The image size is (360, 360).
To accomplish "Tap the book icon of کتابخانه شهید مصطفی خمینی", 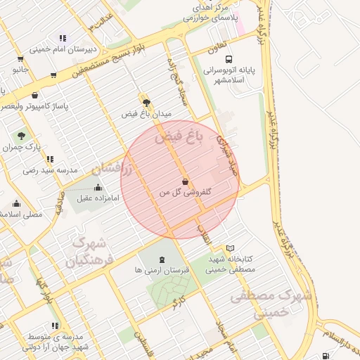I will [231, 248].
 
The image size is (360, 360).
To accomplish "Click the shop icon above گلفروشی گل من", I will [185, 181].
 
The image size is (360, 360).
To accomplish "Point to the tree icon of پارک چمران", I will [21, 136].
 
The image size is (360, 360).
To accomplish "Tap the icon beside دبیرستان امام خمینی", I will [63, 38].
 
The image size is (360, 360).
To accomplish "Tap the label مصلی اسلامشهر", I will [17, 214].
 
